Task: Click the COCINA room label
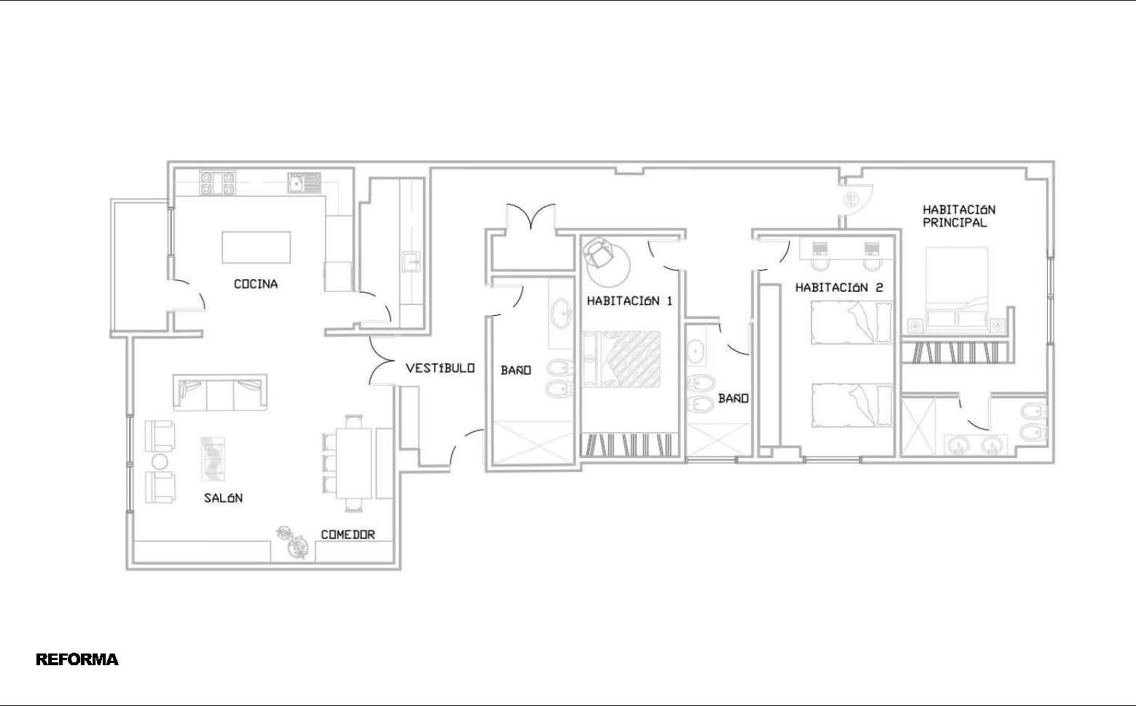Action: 256,284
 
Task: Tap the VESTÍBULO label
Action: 440,368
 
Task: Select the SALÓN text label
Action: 223,498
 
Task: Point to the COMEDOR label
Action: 348,535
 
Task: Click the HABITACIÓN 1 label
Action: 629,300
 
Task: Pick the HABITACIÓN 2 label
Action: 839,287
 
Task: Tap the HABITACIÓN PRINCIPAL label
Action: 959,216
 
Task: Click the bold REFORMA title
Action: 77,659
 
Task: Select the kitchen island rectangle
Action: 256,247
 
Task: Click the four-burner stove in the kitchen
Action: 217,183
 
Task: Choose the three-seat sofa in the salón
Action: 220,392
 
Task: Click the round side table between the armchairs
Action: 160,462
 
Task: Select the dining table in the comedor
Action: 354,464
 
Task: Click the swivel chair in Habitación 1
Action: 599,252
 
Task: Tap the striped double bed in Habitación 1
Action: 622,359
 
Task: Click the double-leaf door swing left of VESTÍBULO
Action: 381,360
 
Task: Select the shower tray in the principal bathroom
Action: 919,427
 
